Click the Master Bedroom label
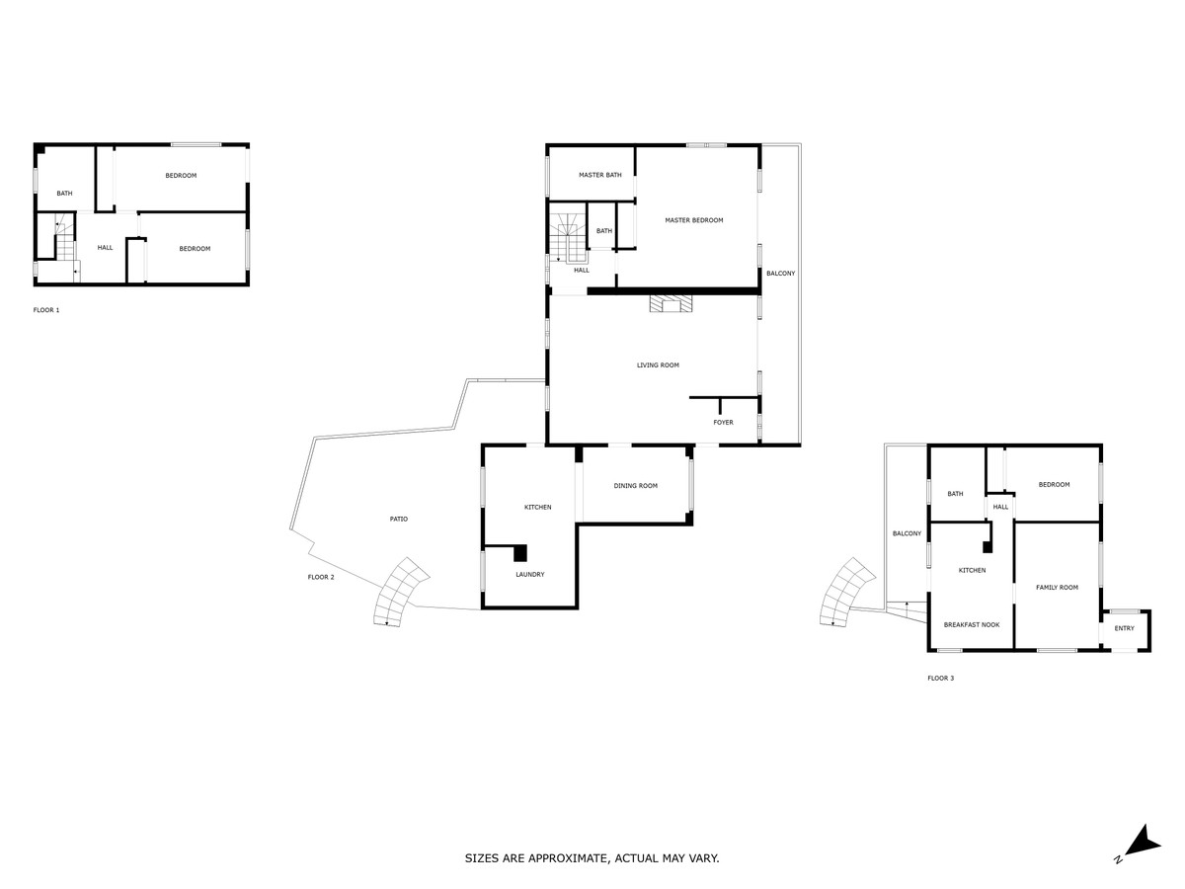694,220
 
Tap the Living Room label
658,365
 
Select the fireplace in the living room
671,303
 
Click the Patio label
398,520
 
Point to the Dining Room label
635,486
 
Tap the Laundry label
529,574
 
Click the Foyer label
723,423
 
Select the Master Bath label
599,175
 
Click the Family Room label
1057,588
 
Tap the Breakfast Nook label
972,625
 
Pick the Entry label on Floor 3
1124,628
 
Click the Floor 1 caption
46,310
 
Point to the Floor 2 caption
321,577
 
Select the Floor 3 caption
940,678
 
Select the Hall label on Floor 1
105,248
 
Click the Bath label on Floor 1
64,194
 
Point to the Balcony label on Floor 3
907,533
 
